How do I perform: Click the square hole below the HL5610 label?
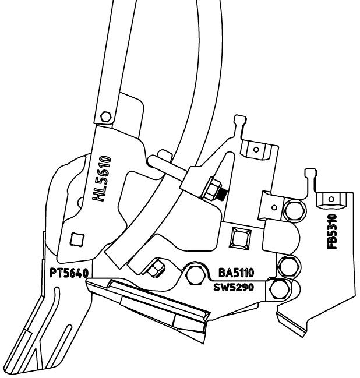tap(75, 239)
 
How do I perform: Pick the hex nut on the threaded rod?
tap(212, 187)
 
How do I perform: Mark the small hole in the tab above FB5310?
tap(331, 200)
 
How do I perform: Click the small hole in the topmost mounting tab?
tap(255, 149)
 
